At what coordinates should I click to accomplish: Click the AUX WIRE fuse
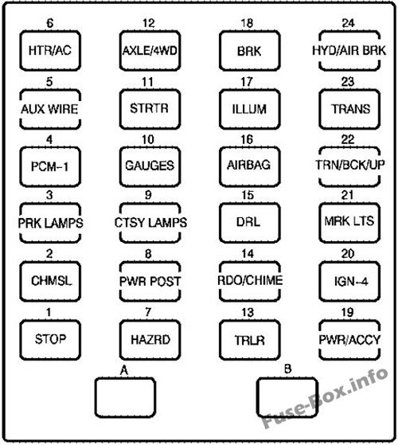(49, 107)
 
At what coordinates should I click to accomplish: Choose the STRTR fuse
(149, 107)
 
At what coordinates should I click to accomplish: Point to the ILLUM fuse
(248, 107)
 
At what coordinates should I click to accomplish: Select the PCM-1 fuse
(49, 166)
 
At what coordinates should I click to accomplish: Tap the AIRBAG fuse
(248, 166)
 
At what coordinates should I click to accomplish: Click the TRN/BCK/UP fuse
(348, 166)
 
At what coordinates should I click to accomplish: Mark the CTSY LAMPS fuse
(149, 223)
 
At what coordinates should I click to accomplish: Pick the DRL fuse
(248, 223)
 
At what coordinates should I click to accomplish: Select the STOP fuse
(49, 338)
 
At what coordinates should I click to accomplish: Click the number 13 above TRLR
(248, 312)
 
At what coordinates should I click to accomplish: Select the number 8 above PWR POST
(149, 254)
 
